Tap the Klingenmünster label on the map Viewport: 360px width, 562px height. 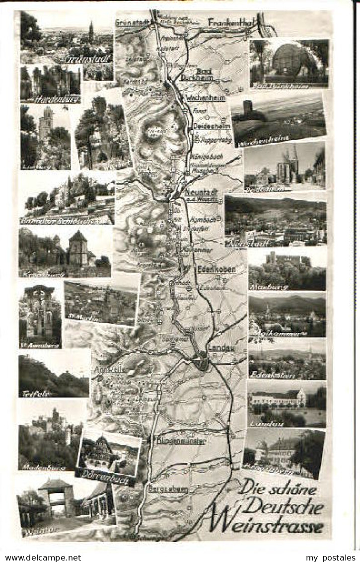pyautogui.click(x=181, y=440)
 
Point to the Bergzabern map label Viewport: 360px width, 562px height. pyautogui.click(x=168, y=489)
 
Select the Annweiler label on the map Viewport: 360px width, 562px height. pyautogui.click(x=106, y=370)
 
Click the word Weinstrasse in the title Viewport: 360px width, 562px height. pyautogui.click(x=266, y=523)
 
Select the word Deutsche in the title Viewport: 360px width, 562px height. pyautogui.click(x=285, y=506)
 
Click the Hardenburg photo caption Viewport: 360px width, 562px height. pyautogui.click(x=51, y=99)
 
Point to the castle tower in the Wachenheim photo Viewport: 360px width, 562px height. pyautogui.click(x=248, y=107)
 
